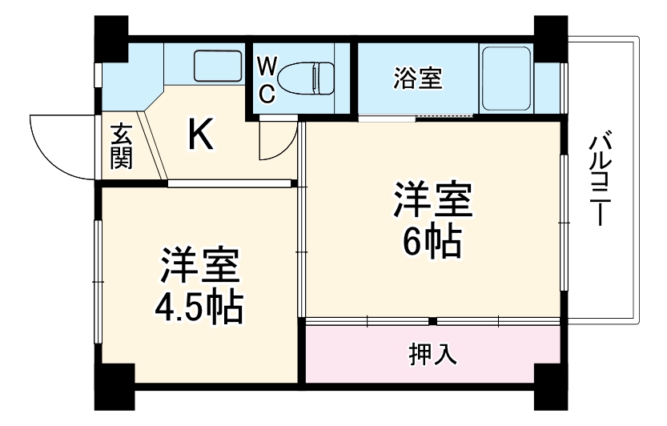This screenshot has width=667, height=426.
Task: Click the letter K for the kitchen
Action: [200, 134]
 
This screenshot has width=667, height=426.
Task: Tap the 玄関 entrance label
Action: [122, 146]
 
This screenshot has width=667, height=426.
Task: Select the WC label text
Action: [267, 78]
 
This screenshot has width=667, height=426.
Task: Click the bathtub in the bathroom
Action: [505, 79]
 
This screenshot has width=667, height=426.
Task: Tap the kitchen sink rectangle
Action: [217, 64]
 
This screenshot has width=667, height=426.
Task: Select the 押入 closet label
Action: [433, 353]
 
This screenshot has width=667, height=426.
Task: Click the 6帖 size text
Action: [432, 240]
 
